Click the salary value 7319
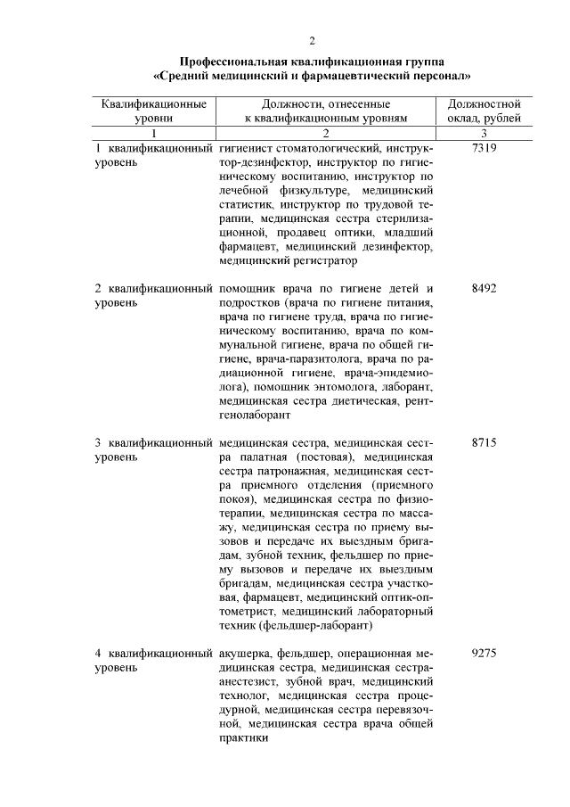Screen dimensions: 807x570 click(x=484, y=147)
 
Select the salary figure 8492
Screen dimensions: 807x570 click(x=484, y=289)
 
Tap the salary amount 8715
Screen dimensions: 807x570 click(x=484, y=442)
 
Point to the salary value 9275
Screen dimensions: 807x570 click(x=484, y=654)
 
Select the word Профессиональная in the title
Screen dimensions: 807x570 click(x=233, y=62)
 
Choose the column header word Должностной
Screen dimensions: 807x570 click(x=484, y=104)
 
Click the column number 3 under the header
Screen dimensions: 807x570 click(x=484, y=132)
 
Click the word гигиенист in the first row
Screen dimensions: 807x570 click(x=246, y=147)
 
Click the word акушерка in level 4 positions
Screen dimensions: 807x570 click(x=246, y=654)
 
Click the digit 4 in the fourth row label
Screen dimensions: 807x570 click(x=98, y=654)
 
